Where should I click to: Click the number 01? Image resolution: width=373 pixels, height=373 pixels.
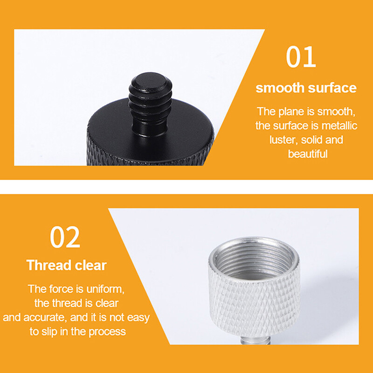(x=301, y=57)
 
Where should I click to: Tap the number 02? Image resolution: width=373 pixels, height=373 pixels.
(x=65, y=237)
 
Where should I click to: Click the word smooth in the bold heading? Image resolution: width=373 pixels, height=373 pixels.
(x=278, y=88)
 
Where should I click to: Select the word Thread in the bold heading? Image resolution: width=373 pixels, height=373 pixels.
(x=48, y=265)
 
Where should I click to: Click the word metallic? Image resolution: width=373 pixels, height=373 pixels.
(x=339, y=125)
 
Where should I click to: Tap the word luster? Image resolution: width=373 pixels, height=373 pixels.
(x=283, y=139)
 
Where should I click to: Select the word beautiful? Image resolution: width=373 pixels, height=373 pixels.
(x=308, y=153)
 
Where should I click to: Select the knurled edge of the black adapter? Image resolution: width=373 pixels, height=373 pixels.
(x=145, y=154)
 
